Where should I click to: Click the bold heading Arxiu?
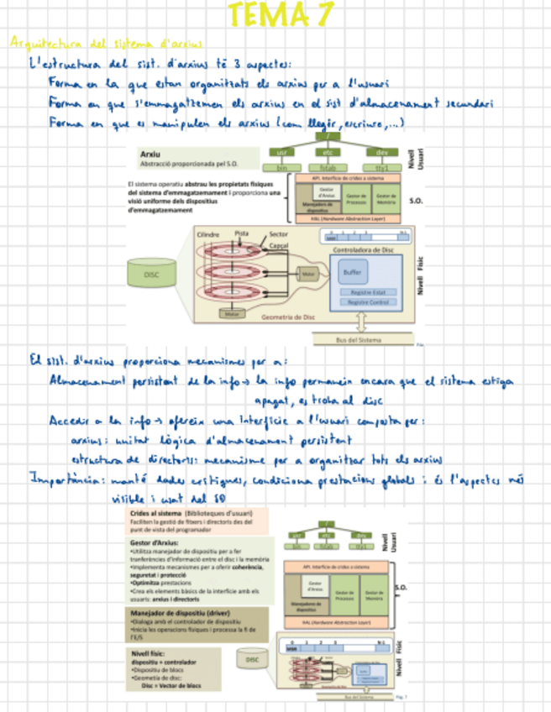pyautogui.click(x=152, y=154)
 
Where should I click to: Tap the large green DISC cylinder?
pyautogui.click(x=153, y=275)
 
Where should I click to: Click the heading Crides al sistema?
pyautogui.click(x=160, y=511)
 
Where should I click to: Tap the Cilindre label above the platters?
pyautogui.click(x=209, y=234)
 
